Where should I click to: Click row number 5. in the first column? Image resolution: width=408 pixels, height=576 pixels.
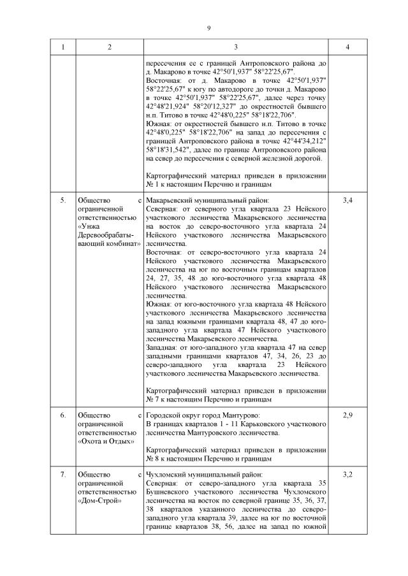click(x=63, y=201)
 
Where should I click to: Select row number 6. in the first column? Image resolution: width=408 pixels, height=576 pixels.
click(x=63, y=415)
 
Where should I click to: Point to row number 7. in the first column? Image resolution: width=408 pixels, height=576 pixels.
click(x=63, y=475)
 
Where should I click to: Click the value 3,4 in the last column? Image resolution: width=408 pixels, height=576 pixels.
click(x=347, y=201)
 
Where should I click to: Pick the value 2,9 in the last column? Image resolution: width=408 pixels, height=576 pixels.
click(x=347, y=415)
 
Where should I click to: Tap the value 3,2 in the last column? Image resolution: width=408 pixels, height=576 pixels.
click(x=347, y=475)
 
